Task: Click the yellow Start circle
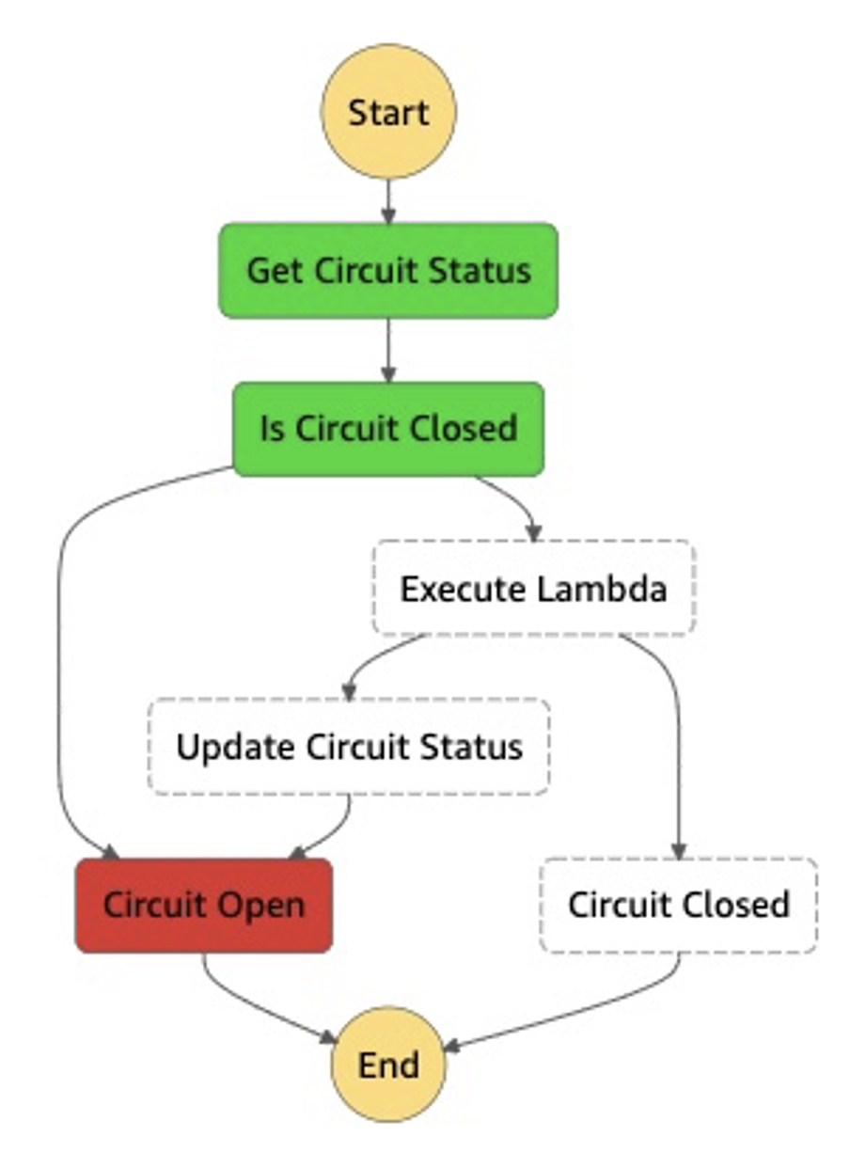click(x=388, y=111)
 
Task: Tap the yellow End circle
click(x=388, y=1064)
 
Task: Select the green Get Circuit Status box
click(x=388, y=271)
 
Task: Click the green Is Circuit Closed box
click(x=388, y=429)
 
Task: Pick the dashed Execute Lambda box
click(x=534, y=588)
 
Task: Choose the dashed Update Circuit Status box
click(x=349, y=747)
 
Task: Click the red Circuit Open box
click(x=204, y=905)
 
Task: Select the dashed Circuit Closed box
click(x=678, y=905)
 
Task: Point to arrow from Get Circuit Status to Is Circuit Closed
click(x=388, y=350)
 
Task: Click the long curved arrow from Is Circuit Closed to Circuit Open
click(x=60, y=658)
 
